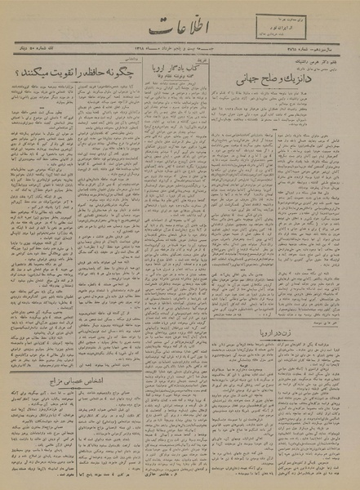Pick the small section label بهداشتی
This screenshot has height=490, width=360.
click(x=115, y=59)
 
